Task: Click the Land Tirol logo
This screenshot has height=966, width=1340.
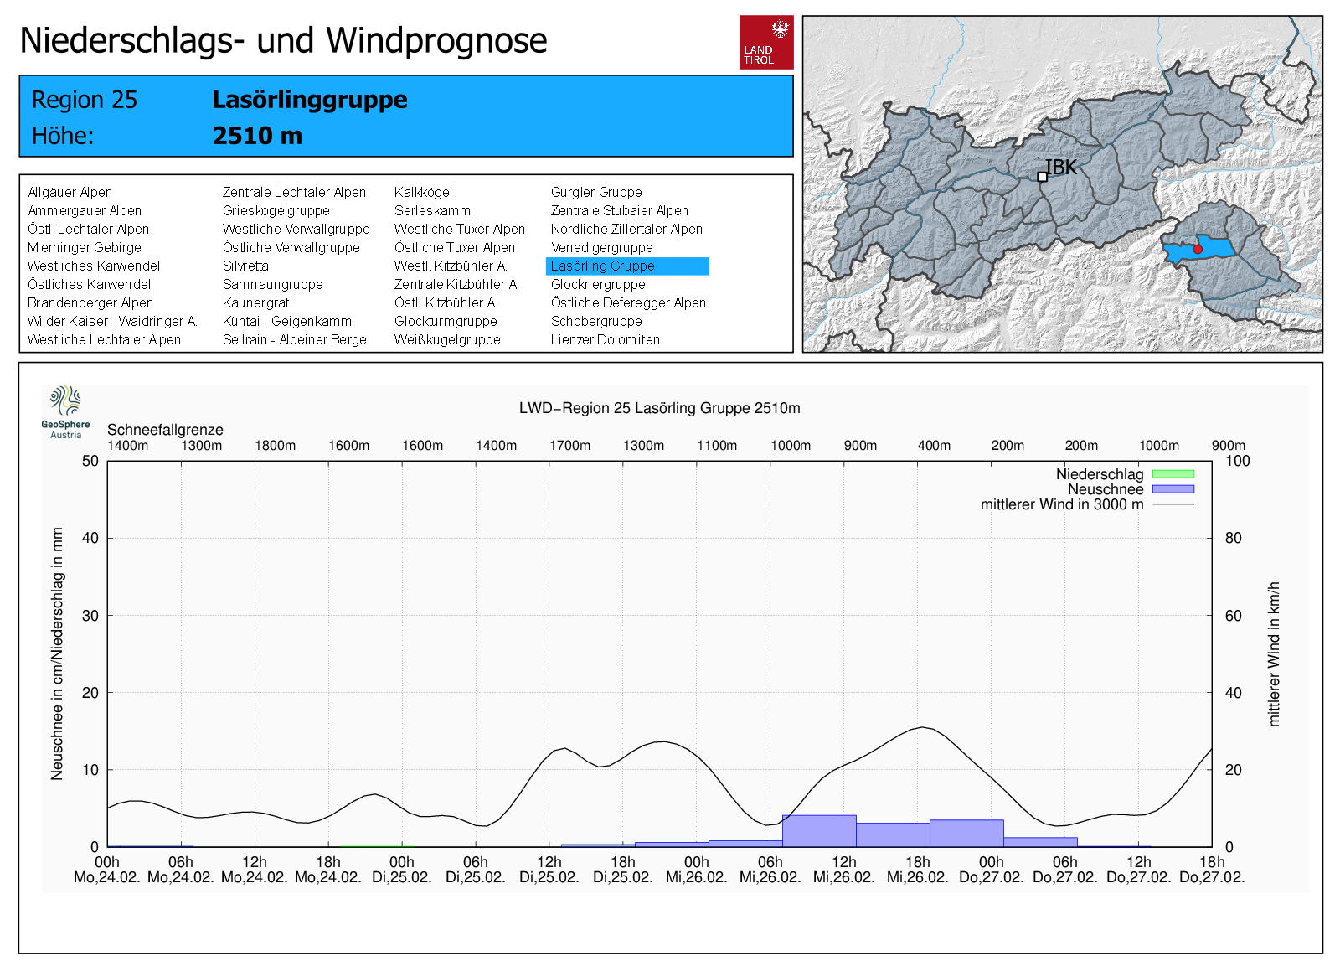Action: [x=766, y=42]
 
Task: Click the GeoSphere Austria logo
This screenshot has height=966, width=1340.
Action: [x=65, y=411]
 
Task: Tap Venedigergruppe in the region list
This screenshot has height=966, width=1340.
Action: [x=601, y=248]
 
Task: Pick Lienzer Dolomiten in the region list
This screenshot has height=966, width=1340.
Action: [x=605, y=340]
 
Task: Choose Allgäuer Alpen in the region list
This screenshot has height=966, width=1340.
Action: [x=70, y=193]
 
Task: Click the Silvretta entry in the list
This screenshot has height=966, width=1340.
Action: [x=245, y=266]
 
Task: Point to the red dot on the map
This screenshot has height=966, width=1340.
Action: [x=1198, y=250]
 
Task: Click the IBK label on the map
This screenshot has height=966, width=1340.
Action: [x=1062, y=168]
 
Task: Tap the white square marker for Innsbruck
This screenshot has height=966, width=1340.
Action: [x=1042, y=177]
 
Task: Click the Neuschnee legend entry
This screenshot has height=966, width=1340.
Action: [x=1105, y=489]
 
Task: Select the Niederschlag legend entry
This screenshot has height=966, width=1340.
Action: [x=1100, y=474]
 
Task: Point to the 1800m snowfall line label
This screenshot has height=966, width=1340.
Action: [x=276, y=446]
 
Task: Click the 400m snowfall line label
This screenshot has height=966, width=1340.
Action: [x=934, y=446]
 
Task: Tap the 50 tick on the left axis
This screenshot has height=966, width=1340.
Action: [x=90, y=461]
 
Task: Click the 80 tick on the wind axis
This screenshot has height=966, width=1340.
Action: [x=1233, y=538]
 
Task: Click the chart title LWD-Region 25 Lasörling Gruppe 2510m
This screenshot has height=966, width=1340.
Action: [x=659, y=408]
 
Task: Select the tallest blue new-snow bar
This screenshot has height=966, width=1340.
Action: [x=819, y=831]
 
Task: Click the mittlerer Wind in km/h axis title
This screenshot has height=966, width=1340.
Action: [x=1274, y=653]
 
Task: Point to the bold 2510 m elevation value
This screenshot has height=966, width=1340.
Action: [x=257, y=136]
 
